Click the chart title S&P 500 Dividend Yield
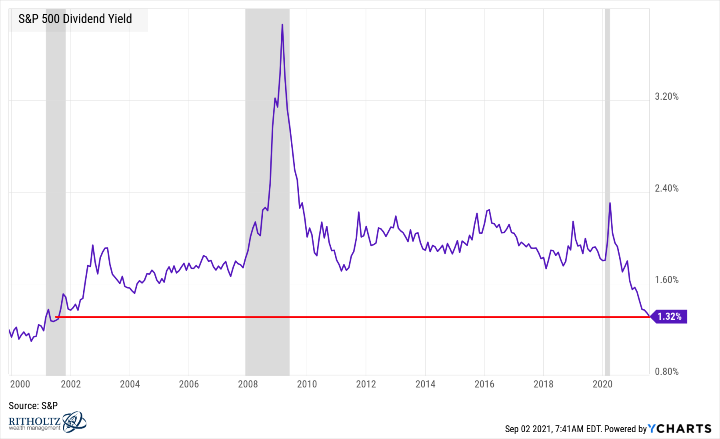coord(75,19)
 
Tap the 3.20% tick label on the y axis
coord(666,96)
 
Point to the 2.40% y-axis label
coord(666,188)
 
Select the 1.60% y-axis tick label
coord(666,280)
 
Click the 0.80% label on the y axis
coord(666,371)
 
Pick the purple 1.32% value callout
coord(670,317)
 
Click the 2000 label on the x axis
coord(20,384)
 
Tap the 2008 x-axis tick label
coord(248,384)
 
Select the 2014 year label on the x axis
coord(425,384)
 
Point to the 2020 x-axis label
coord(602,384)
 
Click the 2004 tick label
coord(130,384)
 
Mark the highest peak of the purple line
coord(282,25)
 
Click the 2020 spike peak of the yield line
coord(610,203)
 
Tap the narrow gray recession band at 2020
coord(607,280)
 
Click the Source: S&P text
coord(33,406)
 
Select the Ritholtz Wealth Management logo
coord(47,422)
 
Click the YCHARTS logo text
coord(680,429)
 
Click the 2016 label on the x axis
coord(484,384)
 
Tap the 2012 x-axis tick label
coord(366,384)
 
